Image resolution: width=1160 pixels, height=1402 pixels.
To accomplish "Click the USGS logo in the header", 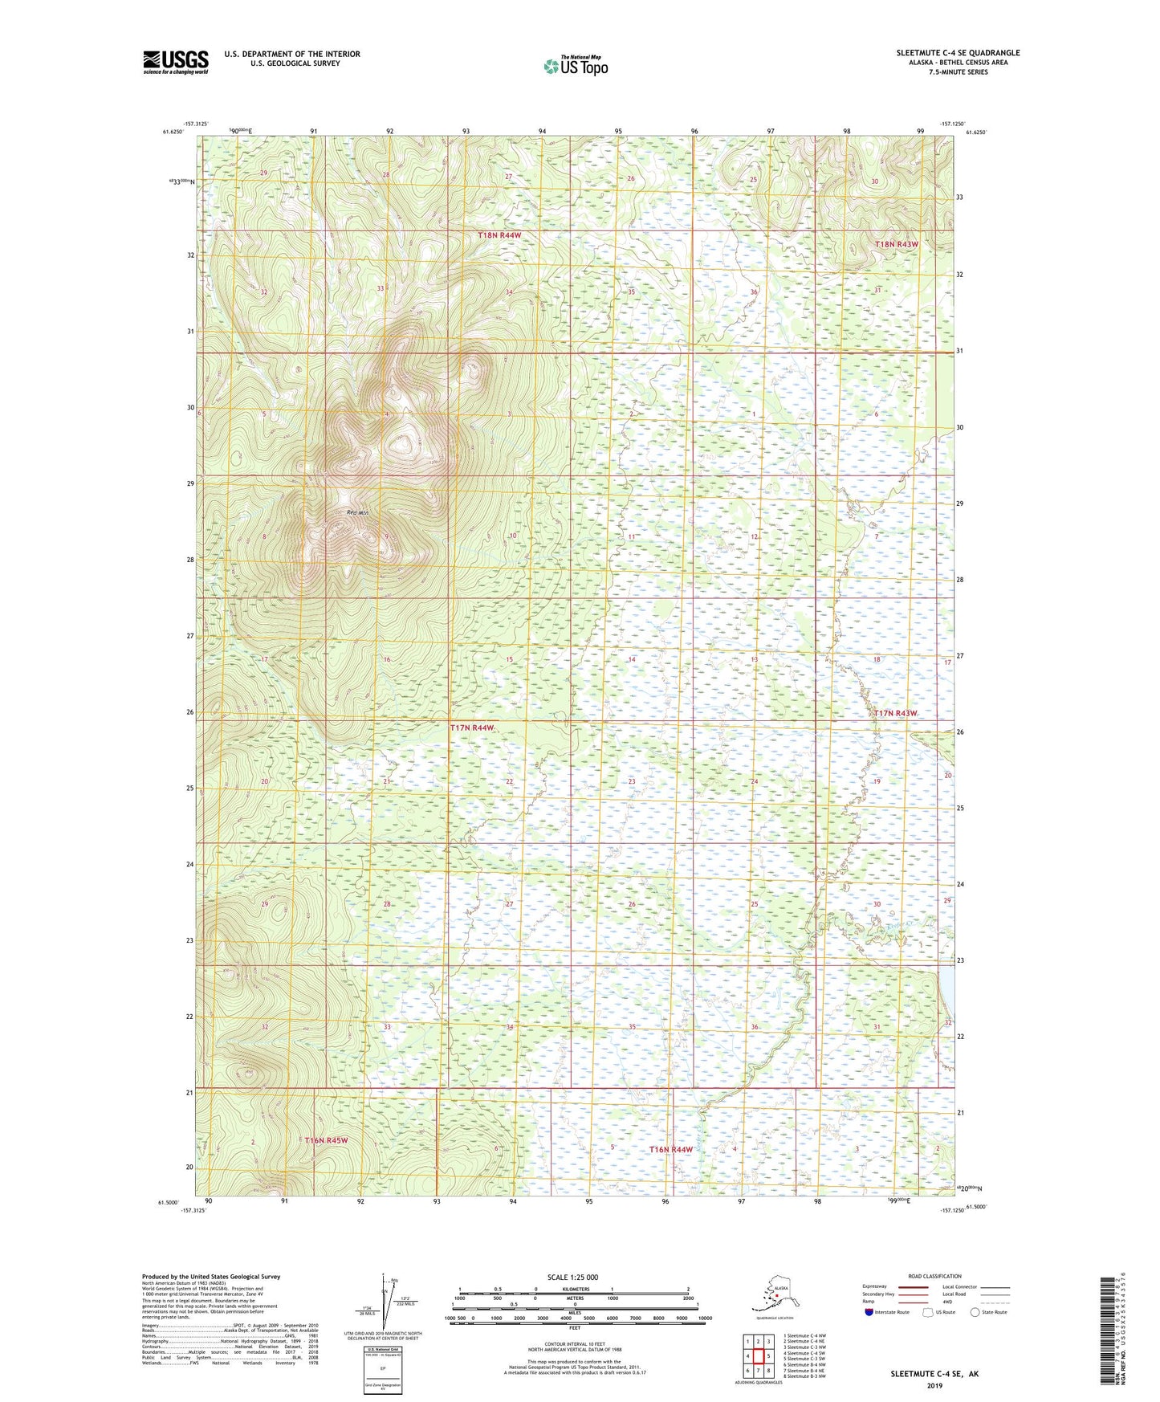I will [x=175, y=62].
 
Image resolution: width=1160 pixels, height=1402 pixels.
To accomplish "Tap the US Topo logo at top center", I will [x=575, y=65].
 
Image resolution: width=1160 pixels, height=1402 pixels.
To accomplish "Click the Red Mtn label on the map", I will [x=357, y=512].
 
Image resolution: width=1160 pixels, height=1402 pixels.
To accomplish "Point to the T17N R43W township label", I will [x=895, y=713].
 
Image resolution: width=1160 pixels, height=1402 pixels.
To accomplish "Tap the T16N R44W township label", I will [x=670, y=1149].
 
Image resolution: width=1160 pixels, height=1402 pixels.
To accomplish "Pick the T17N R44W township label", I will [x=471, y=727].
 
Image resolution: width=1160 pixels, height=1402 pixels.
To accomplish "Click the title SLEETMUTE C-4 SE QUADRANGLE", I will [x=958, y=53].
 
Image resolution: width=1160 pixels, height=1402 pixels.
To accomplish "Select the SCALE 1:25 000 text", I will [x=573, y=1277].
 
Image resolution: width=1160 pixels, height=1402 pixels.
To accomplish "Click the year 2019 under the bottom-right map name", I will [x=934, y=1385].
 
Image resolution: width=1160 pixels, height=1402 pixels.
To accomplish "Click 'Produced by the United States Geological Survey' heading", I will [x=210, y=1276].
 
